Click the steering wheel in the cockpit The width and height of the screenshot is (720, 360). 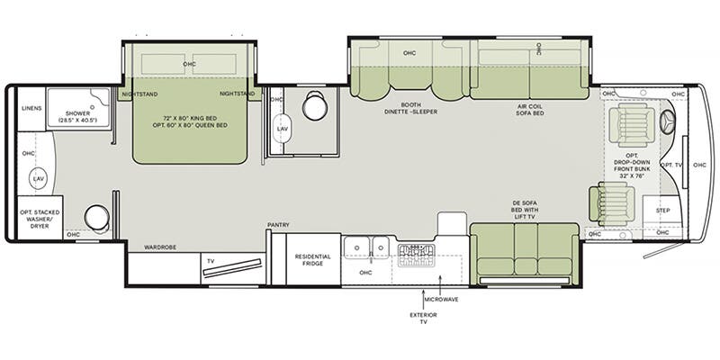click(x=668, y=122)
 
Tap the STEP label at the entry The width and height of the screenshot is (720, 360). click(x=662, y=211)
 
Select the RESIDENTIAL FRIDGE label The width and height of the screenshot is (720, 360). click(x=312, y=260)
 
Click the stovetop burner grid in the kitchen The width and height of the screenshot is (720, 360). click(x=417, y=256)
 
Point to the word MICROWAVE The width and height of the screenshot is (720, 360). click(x=441, y=300)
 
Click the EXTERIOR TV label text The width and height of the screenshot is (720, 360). click(x=423, y=319)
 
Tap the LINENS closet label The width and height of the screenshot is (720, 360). click(x=31, y=108)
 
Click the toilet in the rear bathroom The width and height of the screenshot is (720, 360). click(x=97, y=218)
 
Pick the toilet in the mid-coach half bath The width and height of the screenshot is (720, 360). click(x=314, y=106)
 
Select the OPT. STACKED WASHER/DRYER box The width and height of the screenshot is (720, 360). click(x=40, y=217)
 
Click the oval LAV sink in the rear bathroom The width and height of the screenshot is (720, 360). click(x=38, y=178)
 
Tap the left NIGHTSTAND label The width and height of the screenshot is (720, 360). click(x=139, y=94)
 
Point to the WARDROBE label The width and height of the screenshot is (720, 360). click(x=160, y=247)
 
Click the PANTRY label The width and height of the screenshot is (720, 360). click(x=278, y=224)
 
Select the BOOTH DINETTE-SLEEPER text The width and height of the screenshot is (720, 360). click(x=410, y=108)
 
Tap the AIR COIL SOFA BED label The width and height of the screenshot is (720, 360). click(x=529, y=109)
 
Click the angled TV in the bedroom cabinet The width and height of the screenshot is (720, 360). click(x=233, y=267)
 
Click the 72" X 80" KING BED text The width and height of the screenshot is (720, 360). click(x=190, y=118)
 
